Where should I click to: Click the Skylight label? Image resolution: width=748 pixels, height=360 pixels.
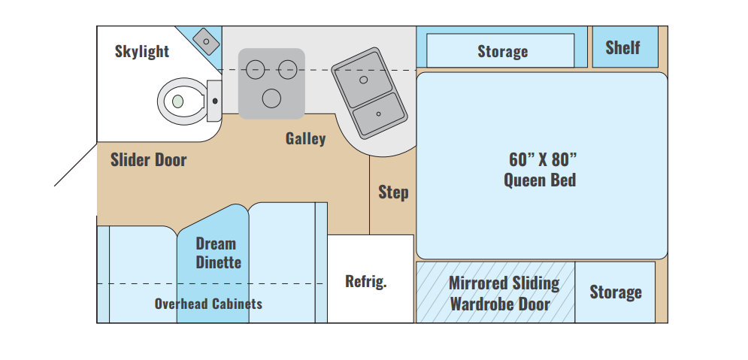coord(141,51)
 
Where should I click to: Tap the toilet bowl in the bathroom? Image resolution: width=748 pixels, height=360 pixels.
coord(182,101)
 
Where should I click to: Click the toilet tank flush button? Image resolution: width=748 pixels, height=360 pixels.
coord(215,101)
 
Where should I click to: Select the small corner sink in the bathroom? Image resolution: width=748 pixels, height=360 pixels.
coord(206,41)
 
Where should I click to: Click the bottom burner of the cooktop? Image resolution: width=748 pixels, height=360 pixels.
coord(271,98)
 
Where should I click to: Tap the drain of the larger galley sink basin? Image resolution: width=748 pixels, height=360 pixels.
coord(364,80)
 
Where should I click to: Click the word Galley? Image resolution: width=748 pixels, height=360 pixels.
coord(305,139)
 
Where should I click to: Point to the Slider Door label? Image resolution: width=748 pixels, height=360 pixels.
coord(148,160)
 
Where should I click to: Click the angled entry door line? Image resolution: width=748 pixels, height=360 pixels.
coord(76,165)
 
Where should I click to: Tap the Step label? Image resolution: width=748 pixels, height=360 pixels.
coord(393,192)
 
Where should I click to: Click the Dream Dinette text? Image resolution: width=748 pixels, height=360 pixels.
coord(218,253)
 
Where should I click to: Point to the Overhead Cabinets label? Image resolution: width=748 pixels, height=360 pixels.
coord(208,304)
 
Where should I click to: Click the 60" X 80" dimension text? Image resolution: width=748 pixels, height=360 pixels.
coord(543,160)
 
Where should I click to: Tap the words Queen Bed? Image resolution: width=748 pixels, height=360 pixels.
coord(540,180)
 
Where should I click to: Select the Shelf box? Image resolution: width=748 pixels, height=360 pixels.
coord(625,47)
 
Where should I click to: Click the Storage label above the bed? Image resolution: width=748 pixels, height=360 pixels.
coord(502,51)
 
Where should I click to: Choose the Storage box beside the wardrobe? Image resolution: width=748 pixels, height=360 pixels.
coord(615,292)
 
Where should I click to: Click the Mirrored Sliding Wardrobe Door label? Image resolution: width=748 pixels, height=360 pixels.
coord(503,293)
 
